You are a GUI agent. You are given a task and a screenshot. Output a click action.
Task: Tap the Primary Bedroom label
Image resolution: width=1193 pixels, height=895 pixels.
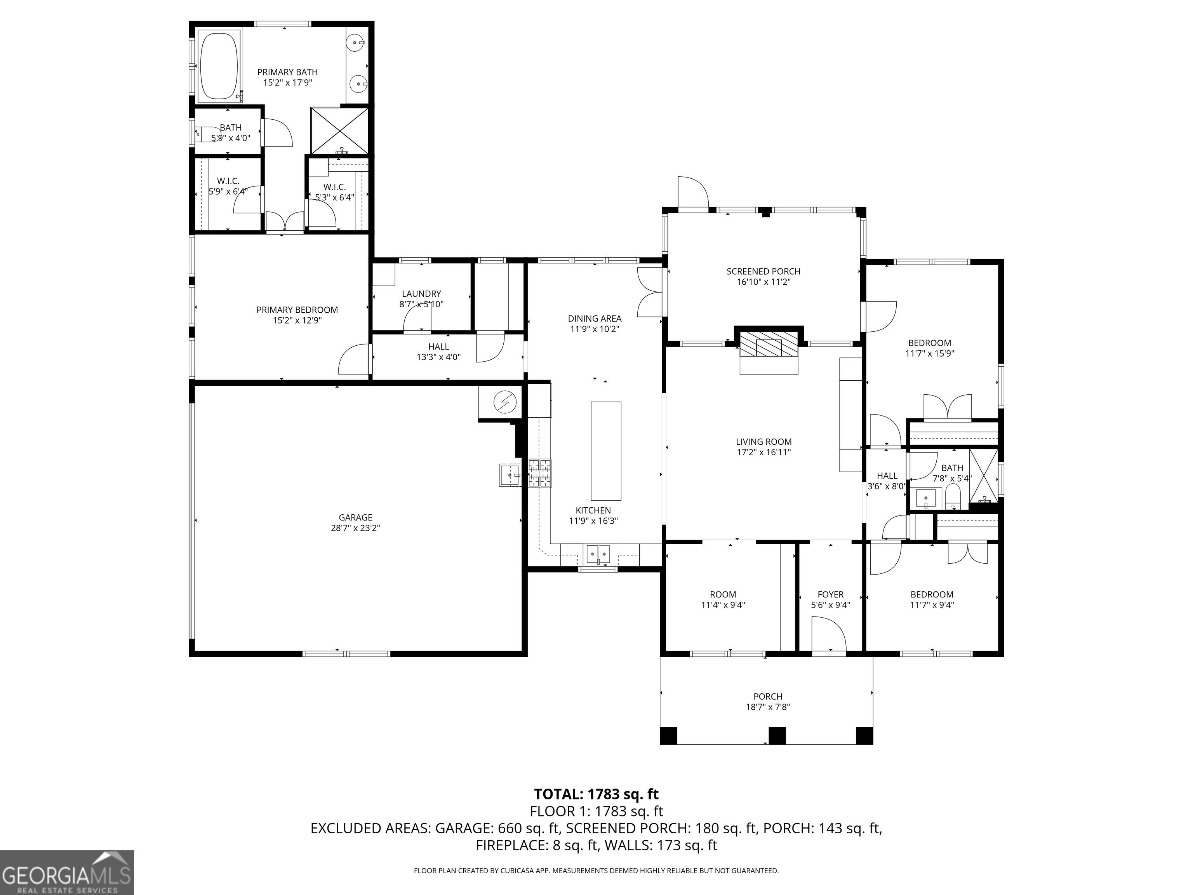tap(297, 310)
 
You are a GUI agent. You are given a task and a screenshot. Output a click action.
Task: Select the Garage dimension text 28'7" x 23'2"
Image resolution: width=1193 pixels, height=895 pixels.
tap(355, 528)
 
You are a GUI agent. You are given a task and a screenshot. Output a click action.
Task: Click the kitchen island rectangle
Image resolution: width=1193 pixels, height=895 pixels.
tap(606, 451)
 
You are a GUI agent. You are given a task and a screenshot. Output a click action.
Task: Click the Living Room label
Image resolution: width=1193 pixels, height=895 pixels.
tap(764, 442)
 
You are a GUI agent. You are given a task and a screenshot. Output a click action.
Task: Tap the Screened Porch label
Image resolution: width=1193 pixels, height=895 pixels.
tap(763, 272)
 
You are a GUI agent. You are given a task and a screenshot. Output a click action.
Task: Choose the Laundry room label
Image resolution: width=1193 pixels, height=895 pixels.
tap(421, 294)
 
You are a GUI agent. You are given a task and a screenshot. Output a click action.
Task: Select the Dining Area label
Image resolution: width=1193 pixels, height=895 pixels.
tap(594, 318)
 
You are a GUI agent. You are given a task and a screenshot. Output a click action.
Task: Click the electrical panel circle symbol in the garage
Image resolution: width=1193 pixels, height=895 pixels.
tap(505, 402)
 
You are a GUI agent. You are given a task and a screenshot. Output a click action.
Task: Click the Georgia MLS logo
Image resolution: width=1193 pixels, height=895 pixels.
tap(67, 872)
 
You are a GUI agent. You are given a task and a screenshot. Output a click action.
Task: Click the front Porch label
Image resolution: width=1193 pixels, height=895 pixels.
tap(767, 696)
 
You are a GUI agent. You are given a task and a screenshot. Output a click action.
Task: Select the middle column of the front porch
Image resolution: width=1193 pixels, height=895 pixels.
tap(777, 736)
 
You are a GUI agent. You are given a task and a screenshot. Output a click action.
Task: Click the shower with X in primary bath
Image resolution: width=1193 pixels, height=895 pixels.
tap(339, 131)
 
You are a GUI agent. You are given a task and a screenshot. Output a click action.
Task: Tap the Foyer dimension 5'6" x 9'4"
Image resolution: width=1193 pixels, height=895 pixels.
tap(831, 605)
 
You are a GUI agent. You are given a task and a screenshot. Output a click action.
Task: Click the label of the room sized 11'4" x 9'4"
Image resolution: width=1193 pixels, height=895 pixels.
tap(723, 594)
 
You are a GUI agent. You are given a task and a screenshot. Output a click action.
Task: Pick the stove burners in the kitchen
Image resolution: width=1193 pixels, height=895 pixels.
tap(541, 473)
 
